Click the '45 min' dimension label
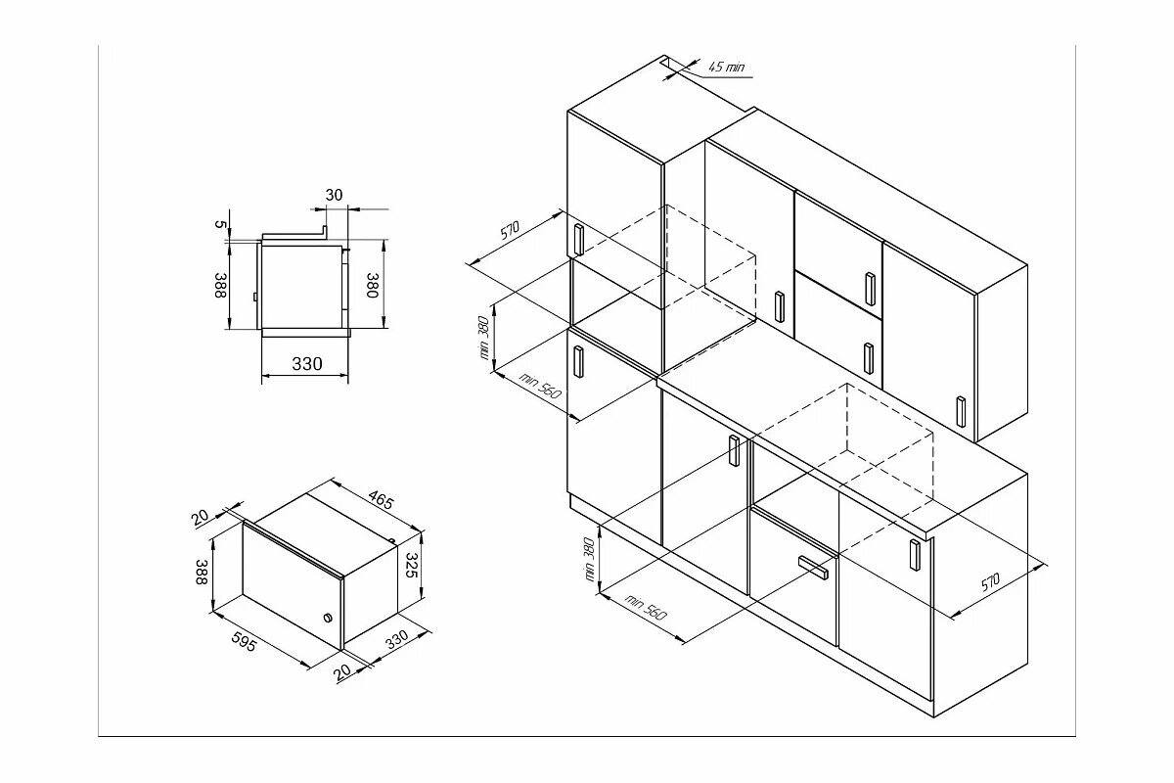coord(726,67)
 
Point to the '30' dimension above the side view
coord(334,195)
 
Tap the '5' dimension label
coord(221,225)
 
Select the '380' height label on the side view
coord(373,285)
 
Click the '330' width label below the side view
coord(306,364)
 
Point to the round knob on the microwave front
coord(326,618)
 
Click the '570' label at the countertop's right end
coord(990,584)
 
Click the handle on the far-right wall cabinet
coord(961,411)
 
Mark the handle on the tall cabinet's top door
coord(577,239)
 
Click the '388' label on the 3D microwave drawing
coord(202,574)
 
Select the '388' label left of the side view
coord(221,286)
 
